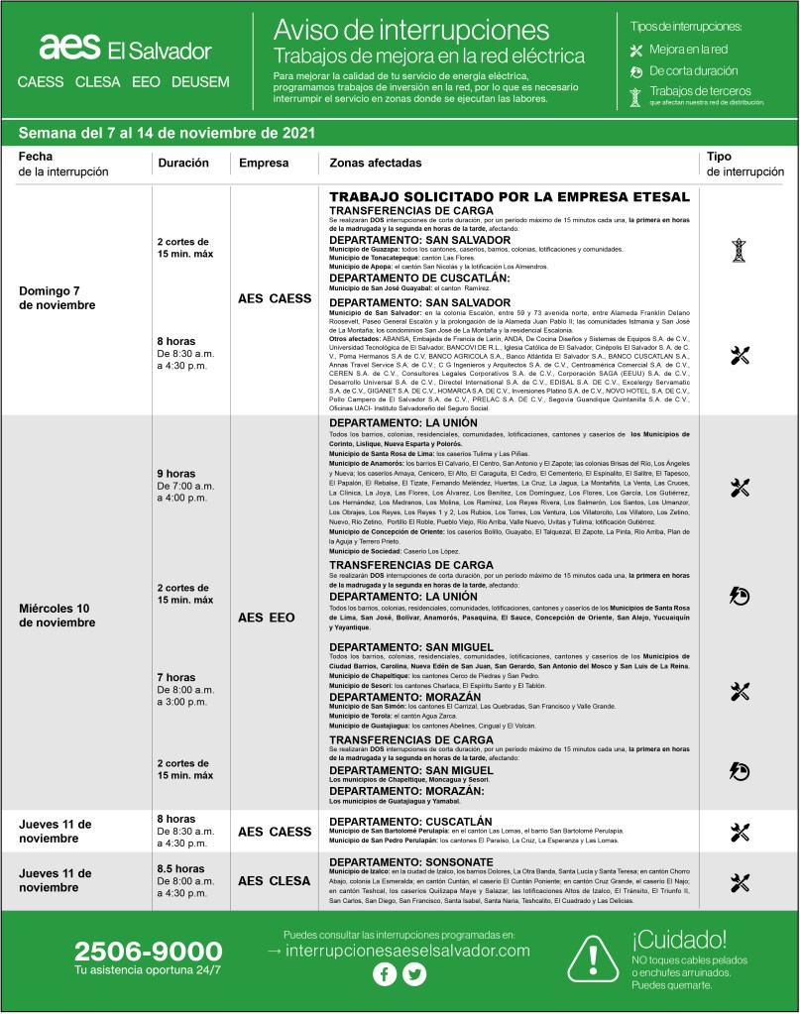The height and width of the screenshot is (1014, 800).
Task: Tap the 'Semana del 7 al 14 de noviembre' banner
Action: click(167, 132)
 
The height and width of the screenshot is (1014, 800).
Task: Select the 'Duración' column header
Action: click(182, 163)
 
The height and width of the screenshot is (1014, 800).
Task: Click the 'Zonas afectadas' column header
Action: click(376, 163)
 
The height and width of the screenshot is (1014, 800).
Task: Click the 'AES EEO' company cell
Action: click(266, 617)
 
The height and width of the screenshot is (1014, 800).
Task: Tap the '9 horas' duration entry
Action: click(175, 473)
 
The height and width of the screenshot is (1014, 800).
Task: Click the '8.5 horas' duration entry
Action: click(180, 868)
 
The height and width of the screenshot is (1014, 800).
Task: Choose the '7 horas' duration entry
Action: click(175, 677)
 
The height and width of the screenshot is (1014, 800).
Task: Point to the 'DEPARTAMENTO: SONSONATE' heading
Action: click(410, 861)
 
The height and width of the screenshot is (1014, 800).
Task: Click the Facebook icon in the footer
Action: click(384, 974)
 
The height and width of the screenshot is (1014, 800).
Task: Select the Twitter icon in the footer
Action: click(413, 974)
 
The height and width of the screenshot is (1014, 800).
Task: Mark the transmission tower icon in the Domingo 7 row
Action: click(738, 250)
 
